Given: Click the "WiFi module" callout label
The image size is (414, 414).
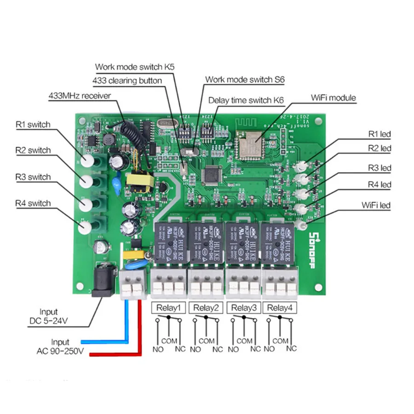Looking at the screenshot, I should click(333, 98).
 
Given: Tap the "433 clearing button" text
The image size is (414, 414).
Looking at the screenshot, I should click(127, 81).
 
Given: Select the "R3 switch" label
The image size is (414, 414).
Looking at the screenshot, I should click(33, 177).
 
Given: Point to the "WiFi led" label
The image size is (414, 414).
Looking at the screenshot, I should click(376, 205).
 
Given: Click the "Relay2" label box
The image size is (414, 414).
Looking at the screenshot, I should click(206, 308).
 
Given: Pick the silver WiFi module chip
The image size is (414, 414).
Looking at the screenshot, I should click(251, 142).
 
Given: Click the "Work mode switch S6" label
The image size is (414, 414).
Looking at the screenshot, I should click(245, 80).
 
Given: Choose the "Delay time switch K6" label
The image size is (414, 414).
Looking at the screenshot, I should click(246, 100).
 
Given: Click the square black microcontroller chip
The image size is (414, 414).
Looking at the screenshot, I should click(211, 175).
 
